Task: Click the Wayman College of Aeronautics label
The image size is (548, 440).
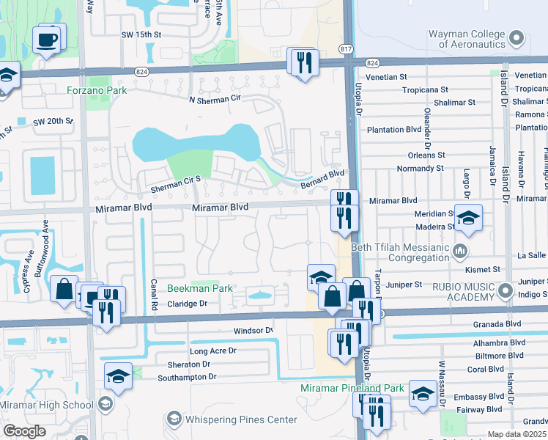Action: coord(457,39)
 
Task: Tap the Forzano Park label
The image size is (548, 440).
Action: coord(96,90)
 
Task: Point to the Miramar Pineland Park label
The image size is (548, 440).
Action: coord(352,388)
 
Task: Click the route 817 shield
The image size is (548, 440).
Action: coord(345,48)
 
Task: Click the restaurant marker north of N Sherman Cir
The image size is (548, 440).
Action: coord(301,62)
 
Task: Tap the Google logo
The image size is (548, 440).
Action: coord(24,431)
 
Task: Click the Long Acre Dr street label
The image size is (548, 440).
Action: coord(212,351)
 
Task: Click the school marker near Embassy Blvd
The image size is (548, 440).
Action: coord(423,394)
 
